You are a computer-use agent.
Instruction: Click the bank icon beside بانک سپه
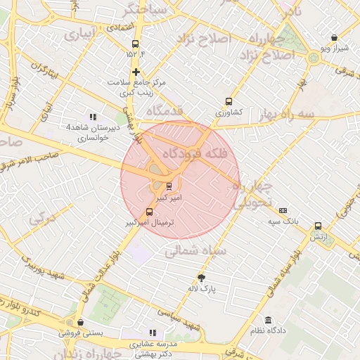coord(283,210)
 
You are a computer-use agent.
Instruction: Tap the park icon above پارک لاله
coord(202,278)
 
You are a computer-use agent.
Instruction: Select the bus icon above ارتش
coord(319,226)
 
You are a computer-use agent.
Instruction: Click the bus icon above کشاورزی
coord(229,101)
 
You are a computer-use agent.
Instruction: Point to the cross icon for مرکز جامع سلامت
coord(136,72)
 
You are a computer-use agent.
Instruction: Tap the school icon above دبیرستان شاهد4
coord(92,117)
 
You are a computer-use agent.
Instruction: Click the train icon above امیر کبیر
coord(169,186)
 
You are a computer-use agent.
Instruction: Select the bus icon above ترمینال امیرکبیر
coord(149,212)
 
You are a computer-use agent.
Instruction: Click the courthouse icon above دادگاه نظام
coord(269,320)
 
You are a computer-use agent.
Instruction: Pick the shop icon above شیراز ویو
coord(334,38)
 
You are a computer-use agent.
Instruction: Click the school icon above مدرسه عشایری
coord(153,333)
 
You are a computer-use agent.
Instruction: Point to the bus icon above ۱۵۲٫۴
coord(135,44)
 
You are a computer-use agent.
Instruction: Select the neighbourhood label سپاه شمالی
coord(205,250)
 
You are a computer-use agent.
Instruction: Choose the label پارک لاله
coord(202,288)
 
